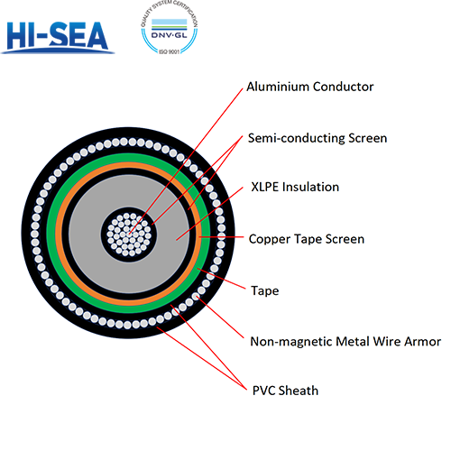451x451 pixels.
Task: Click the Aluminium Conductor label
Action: (309, 87)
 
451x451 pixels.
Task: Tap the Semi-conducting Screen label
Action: (317, 138)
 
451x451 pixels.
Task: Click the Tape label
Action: (263, 290)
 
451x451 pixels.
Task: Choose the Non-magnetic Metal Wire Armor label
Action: (345, 341)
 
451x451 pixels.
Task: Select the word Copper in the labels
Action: (270, 239)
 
